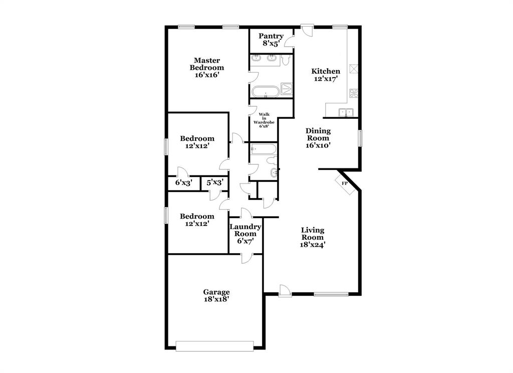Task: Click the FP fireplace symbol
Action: click(345, 184)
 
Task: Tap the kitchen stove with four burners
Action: click(354, 93)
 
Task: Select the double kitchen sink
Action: click(346, 112)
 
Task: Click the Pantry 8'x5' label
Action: click(271, 40)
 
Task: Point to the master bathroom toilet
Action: click(286, 60)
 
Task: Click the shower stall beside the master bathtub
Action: click(287, 89)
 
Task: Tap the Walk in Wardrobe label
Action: click(264, 120)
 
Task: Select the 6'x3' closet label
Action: click(183, 183)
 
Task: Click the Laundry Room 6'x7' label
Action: click(245, 234)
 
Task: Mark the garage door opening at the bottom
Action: click(214, 345)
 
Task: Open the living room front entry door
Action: click(285, 290)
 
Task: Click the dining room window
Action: click(360, 138)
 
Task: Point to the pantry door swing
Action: click(290, 42)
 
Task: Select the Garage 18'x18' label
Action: click(216, 295)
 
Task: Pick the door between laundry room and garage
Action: click(246, 258)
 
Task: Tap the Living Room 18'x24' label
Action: click(313, 237)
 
